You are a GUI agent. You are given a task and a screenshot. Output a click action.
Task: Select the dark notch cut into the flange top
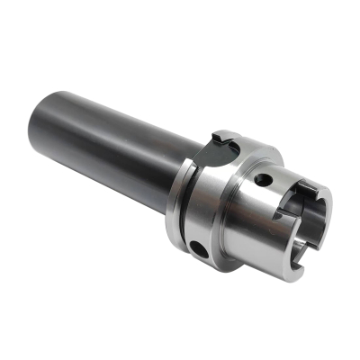[222, 140]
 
